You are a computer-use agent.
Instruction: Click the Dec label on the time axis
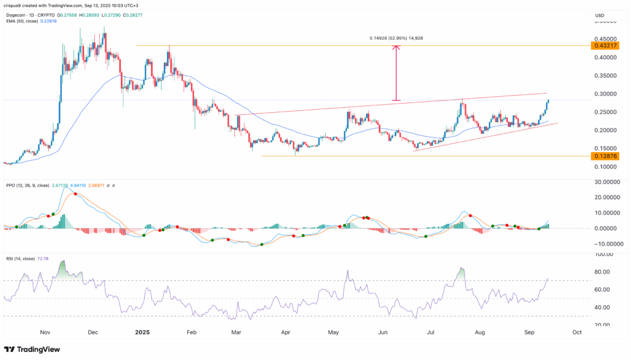tap(92, 332)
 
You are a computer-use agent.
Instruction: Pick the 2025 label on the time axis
tap(142, 332)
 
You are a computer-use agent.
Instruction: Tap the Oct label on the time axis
tap(577, 332)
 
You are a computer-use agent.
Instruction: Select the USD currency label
tap(599, 15)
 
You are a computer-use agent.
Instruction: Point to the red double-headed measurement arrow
tap(397, 73)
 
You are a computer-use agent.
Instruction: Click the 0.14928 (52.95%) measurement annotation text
tap(397, 38)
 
